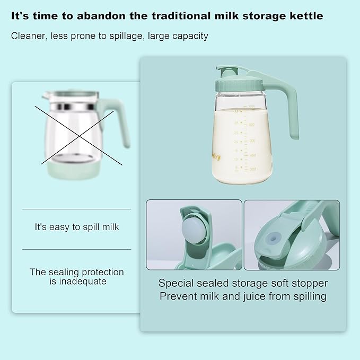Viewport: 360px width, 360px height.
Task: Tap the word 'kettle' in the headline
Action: click(x=305, y=16)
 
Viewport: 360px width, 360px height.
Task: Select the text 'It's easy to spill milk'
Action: click(x=77, y=227)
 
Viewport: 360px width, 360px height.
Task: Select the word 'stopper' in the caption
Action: click(x=307, y=283)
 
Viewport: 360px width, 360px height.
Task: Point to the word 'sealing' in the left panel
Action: click(x=65, y=272)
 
